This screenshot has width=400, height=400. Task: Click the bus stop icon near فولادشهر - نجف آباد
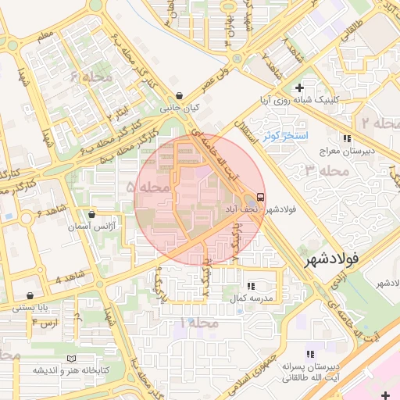259,196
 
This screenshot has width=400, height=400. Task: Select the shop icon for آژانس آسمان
92,214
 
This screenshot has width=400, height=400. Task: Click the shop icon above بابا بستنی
30,296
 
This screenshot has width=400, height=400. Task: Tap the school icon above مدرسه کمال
250,287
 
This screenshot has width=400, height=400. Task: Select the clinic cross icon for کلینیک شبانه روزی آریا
298,87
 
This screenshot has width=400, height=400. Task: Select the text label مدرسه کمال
250,299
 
